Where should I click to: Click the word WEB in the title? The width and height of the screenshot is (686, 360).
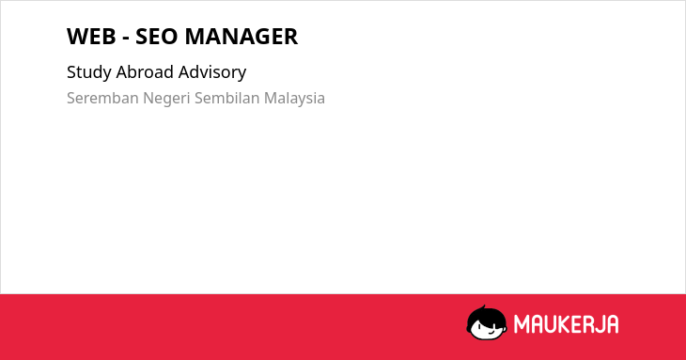[x=91, y=37]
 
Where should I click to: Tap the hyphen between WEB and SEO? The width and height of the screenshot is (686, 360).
[x=126, y=39]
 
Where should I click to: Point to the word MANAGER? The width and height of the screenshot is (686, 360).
[x=242, y=37]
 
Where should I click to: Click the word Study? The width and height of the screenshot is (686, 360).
[x=89, y=72]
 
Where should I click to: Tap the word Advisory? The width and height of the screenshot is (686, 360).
[x=212, y=72]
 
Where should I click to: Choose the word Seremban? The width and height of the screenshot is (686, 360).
[x=102, y=98]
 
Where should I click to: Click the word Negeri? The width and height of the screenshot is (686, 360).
[x=166, y=99]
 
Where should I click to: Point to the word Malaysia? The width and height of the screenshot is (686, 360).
[x=294, y=99]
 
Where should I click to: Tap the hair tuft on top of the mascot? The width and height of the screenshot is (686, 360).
[x=483, y=308]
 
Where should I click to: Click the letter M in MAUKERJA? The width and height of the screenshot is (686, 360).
[x=521, y=324]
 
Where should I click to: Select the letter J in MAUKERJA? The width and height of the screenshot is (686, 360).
[x=599, y=324]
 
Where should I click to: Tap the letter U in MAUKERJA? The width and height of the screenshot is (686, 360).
[x=550, y=324]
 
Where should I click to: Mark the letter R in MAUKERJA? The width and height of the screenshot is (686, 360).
[x=588, y=324]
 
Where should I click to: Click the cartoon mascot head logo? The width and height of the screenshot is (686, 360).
[x=487, y=322]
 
